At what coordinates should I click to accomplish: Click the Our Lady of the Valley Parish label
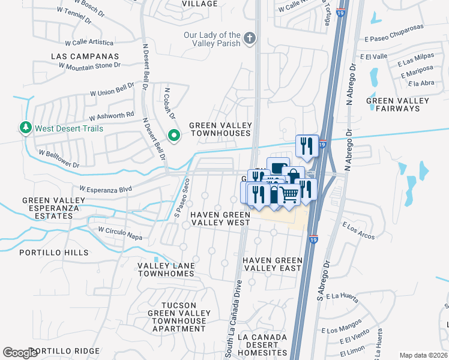pyautogui.click(x=212, y=40)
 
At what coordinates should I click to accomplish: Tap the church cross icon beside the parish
pyautogui.click(x=250, y=40)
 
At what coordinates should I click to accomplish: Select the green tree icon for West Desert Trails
pyautogui.click(x=25, y=128)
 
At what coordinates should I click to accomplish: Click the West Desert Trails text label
pyautogui.click(x=69, y=128)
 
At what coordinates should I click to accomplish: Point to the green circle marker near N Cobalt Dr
pyautogui.click(x=174, y=136)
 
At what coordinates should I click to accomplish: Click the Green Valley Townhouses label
pyautogui.click(x=220, y=129)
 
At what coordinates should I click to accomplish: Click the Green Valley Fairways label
pyautogui.click(x=397, y=105)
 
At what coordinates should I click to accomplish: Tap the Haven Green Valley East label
pyautogui.click(x=272, y=264)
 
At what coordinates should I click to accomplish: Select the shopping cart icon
pyautogui.click(x=289, y=194)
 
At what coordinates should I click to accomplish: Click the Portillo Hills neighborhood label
pyautogui.click(x=53, y=253)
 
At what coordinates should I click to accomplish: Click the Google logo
pyautogui.click(x=20, y=353)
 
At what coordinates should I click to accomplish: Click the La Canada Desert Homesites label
pyautogui.click(x=262, y=345)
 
